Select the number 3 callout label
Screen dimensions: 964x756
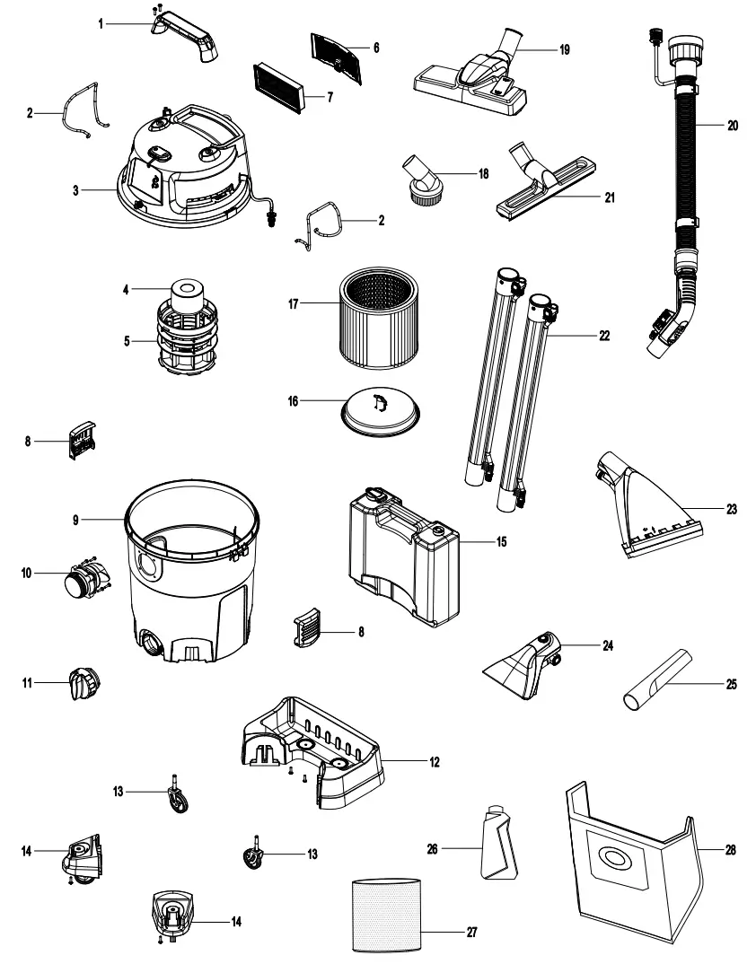click(76, 189)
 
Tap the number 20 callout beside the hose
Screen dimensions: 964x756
click(733, 126)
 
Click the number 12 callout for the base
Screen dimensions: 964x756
click(435, 761)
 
